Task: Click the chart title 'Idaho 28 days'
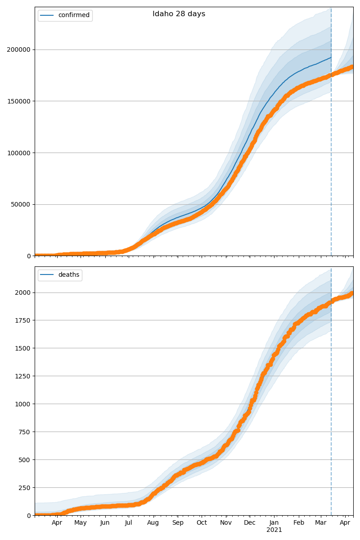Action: [x=179, y=14]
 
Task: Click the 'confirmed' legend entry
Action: [x=74, y=15]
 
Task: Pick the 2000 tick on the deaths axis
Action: [x=23, y=292]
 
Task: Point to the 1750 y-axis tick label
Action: [x=23, y=320]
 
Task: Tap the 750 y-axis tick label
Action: [x=25, y=432]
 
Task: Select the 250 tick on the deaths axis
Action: [x=25, y=488]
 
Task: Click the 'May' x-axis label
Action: [x=81, y=523]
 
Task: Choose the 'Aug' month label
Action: [x=153, y=523]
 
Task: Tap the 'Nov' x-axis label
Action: [x=226, y=523]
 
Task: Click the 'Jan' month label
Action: [x=274, y=523]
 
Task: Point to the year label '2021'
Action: [x=274, y=530]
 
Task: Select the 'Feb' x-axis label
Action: [x=299, y=523]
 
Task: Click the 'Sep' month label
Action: [x=178, y=523]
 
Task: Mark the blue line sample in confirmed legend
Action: [x=47, y=15]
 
